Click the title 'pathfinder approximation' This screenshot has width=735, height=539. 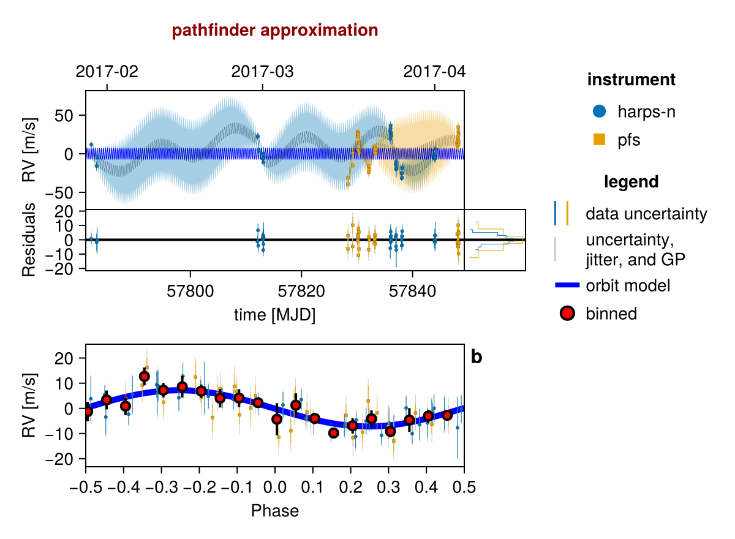(x=275, y=31)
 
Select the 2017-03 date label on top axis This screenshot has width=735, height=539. (x=263, y=72)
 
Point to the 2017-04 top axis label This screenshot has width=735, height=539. (x=435, y=72)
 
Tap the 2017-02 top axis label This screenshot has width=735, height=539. (x=107, y=72)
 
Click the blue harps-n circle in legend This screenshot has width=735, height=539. (x=600, y=111)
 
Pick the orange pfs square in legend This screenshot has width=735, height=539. (x=600, y=140)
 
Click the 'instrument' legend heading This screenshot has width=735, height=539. (x=631, y=80)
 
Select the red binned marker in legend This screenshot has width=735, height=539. (x=567, y=314)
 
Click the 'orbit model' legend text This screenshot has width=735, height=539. (x=628, y=285)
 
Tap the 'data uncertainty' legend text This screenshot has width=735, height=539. (x=646, y=214)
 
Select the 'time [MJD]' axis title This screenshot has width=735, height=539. (x=275, y=315)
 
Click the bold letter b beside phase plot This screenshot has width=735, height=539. (x=477, y=357)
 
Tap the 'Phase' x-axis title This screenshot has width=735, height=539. (x=275, y=510)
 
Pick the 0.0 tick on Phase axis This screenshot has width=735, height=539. (x=275, y=488)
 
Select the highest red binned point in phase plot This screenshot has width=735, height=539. (x=145, y=377)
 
